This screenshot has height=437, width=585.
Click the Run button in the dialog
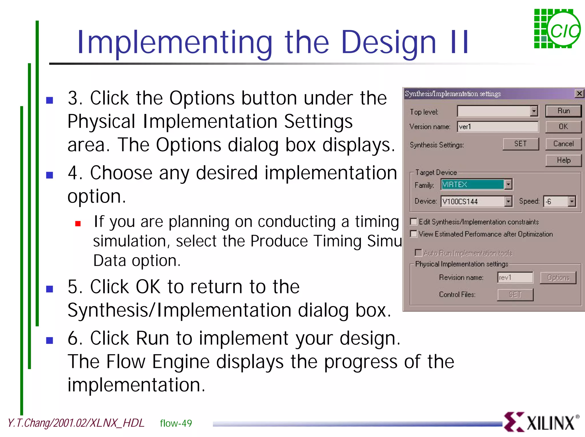point(563,111)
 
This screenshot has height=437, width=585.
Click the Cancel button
point(563,144)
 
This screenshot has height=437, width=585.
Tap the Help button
point(563,160)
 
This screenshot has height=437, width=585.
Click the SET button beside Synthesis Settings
point(520,144)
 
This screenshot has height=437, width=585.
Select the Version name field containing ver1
point(498,127)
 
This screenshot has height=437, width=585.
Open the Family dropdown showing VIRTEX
point(508,185)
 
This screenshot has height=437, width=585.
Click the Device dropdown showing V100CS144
point(508,201)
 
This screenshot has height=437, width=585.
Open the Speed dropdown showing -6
point(572,201)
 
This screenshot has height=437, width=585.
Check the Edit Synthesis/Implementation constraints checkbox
point(413,222)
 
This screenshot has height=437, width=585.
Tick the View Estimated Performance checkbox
point(413,234)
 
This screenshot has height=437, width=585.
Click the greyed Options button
point(558,278)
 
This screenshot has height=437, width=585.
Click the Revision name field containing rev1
point(515,278)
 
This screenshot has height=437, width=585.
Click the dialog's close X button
point(579,94)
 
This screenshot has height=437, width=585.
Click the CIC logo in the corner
point(557,29)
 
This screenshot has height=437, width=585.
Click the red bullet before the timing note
point(78,223)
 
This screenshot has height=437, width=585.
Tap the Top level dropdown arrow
point(534,111)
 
